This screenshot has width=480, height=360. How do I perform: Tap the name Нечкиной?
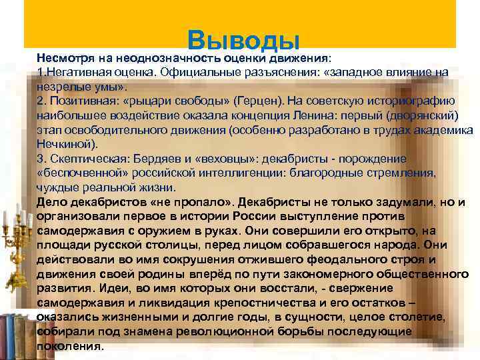pyautogui.click(x=66, y=143)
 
